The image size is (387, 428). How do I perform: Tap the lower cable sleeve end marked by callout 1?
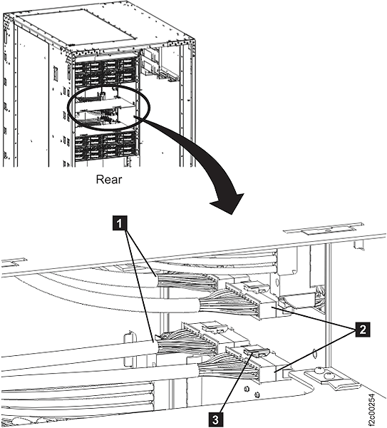tap(153, 347)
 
